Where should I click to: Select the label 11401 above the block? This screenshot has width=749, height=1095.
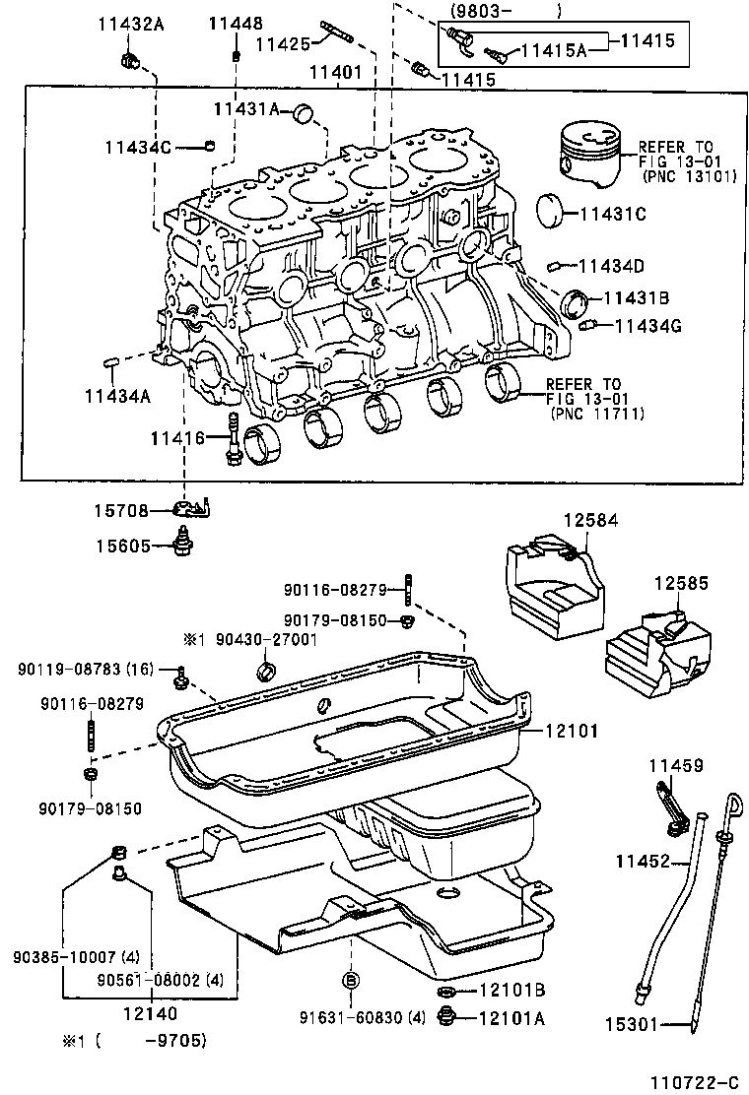pyautogui.click(x=335, y=72)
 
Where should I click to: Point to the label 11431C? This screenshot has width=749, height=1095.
pyautogui.click(x=613, y=213)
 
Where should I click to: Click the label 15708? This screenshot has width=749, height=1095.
pyautogui.click(x=121, y=511)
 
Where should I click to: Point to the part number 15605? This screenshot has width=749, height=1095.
pyautogui.click(x=121, y=545)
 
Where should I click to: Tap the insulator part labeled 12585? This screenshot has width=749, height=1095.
pyautogui.click(x=656, y=644)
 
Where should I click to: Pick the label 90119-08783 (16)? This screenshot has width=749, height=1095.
pyautogui.click(x=86, y=670)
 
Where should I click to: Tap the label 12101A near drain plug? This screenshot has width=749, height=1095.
pyautogui.click(x=512, y=1019)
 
